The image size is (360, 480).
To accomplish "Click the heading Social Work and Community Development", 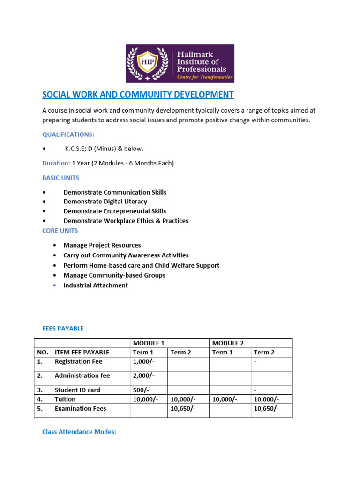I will click(138, 95).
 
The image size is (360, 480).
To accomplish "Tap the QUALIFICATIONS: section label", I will click(68, 135).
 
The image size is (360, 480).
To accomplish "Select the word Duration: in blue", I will click(56, 163).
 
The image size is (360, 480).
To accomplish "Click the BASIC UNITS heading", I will click(60, 178).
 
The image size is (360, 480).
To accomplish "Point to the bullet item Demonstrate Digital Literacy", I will click(105, 202).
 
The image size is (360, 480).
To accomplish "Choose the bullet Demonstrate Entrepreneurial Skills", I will click(114, 211).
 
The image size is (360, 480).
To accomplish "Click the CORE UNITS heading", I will click(60, 231).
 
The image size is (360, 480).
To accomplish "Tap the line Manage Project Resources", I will click(102, 245).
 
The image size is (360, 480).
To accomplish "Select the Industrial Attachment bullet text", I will click(95, 285).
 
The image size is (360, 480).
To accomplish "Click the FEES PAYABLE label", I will click(63, 329).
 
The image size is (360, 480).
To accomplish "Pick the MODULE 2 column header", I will click(228, 343).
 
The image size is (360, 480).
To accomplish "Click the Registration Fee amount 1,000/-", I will click(143, 361).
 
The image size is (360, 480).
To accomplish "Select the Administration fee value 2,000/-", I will click(143, 375).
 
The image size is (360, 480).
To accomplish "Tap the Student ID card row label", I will click(77, 390).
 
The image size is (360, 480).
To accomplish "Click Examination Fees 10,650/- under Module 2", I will click(266, 409).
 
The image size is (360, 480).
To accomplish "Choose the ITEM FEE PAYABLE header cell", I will click(82, 352).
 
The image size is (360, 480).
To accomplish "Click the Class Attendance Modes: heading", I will click(79, 432).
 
